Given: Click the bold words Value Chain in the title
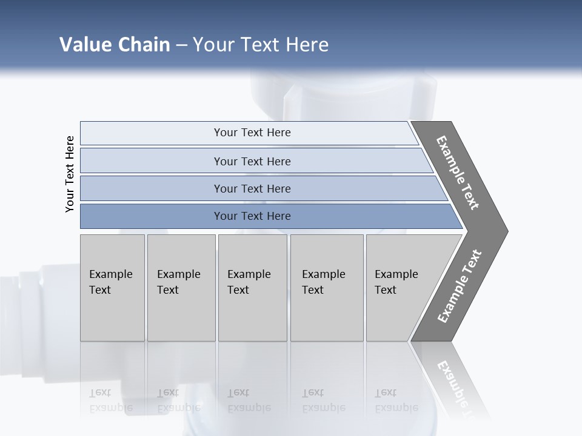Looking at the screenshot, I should [115, 45].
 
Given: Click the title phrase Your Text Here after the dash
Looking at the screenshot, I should [261, 45].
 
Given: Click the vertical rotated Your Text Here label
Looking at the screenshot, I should [70, 174].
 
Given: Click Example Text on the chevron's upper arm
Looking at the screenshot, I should [458, 173].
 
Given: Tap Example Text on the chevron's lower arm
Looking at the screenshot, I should [460, 286].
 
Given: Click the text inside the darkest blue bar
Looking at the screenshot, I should [252, 216].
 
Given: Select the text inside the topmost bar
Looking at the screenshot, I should [252, 133].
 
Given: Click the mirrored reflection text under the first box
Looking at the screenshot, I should [110, 400].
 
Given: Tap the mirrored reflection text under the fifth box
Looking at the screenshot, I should [396, 400].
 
